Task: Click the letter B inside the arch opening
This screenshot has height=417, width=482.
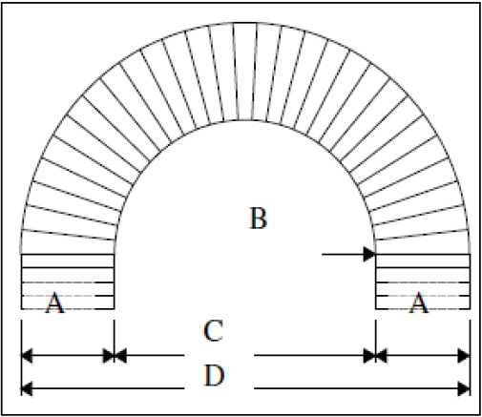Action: (x=258, y=219)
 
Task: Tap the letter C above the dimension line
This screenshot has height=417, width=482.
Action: (x=213, y=331)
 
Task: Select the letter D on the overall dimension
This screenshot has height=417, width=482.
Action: (x=214, y=376)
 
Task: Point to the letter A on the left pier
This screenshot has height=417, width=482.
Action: (x=55, y=302)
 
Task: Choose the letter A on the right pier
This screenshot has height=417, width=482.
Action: (x=418, y=302)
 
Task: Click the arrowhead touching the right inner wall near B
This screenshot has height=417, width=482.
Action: (x=369, y=255)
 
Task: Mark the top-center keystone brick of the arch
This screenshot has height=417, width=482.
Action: (x=245, y=72)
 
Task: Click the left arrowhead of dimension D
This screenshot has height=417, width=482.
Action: (x=27, y=388)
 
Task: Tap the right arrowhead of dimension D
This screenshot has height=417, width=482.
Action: (x=464, y=388)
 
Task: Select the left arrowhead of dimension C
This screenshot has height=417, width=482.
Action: (x=120, y=355)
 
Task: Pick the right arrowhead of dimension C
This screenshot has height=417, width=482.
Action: (x=369, y=355)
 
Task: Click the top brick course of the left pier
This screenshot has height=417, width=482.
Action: (x=68, y=261)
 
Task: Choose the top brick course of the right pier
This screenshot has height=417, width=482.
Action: (x=423, y=261)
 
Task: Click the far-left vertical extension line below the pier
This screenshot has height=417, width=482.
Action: (x=21, y=358)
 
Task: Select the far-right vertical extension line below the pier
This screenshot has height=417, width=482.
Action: (x=470, y=358)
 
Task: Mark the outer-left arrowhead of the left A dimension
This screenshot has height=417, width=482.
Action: (x=27, y=355)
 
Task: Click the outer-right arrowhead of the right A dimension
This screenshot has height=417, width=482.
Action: (x=464, y=355)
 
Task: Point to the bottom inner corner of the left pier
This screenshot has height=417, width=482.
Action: (x=115, y=309)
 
